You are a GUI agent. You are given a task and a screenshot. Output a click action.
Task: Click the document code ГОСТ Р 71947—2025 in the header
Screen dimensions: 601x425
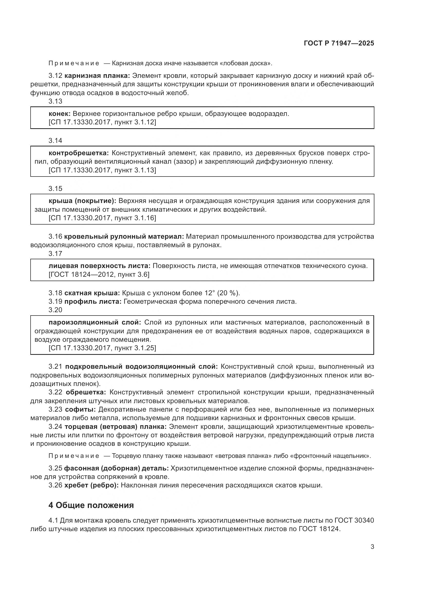coord(339,43)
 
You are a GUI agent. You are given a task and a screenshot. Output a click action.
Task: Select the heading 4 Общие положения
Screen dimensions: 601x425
coord(91,505)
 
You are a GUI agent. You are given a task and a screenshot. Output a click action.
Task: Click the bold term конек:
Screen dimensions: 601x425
coord(59,114)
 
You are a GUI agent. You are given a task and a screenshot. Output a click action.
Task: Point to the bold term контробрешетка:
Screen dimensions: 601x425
coord(79,153)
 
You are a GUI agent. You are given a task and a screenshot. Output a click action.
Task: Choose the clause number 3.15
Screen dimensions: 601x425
coord(55,188)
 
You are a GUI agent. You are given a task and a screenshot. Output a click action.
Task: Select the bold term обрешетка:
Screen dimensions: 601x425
coord(86,392)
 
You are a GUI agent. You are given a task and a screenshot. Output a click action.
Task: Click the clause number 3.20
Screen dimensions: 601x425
coord(55,310)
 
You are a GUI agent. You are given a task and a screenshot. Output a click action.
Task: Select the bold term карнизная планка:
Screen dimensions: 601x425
coord(97,76)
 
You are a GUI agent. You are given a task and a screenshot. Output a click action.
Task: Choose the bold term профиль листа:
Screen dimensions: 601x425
coord(93,302)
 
